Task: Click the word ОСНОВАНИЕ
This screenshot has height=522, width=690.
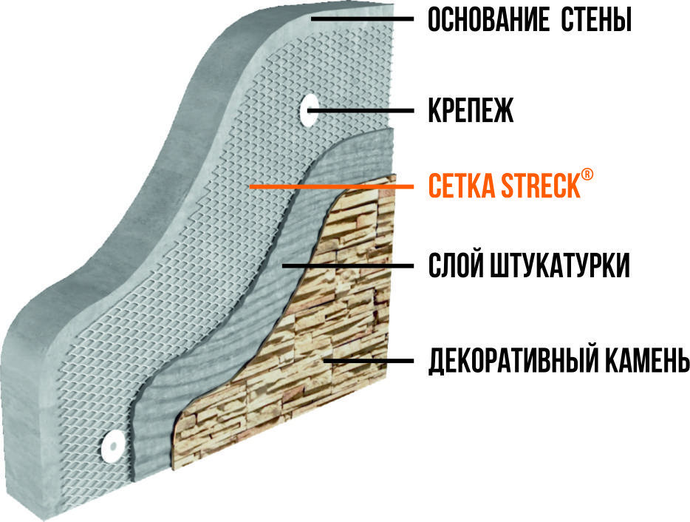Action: tap(488, 20)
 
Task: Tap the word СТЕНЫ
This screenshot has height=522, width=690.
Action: tap(597, 20)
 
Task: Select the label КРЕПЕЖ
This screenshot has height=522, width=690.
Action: tap(471, 110)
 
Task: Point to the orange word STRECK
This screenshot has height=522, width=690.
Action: tap(541, 186)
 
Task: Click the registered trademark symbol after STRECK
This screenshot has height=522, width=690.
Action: tap(587, 174)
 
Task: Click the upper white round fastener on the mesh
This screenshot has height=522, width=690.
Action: tap(310, 110)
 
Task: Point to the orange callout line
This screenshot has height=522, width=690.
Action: tap(332, 187)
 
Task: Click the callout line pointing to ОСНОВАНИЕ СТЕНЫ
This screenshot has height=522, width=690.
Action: tap(362, 19)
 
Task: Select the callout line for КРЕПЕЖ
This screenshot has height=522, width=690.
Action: tap(361, 111)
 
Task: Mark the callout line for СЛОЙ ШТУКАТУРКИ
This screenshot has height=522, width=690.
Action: tap(348, 265)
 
